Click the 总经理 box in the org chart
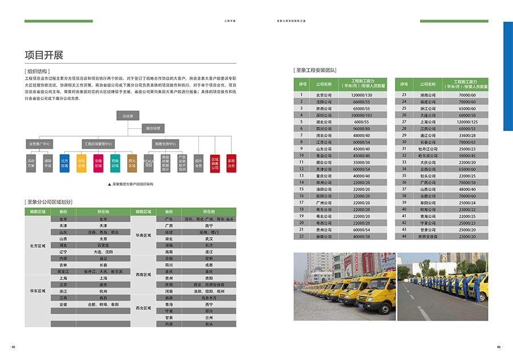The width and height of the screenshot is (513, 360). point(127,116)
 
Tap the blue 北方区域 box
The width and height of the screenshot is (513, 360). point(64,163)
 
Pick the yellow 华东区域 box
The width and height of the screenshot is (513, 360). point(82,163)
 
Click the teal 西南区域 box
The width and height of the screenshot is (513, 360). point(115,163)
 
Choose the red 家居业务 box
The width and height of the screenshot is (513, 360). point(231,163)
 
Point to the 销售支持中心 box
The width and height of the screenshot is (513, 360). point(165,144)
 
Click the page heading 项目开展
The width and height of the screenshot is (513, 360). point(44,55)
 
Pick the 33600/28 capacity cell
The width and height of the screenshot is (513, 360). point(467,136)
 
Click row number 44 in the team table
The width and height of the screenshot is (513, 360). point(404,236)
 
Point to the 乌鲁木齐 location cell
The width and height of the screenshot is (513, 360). point(209,298)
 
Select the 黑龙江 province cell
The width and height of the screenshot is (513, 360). point(63,272)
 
